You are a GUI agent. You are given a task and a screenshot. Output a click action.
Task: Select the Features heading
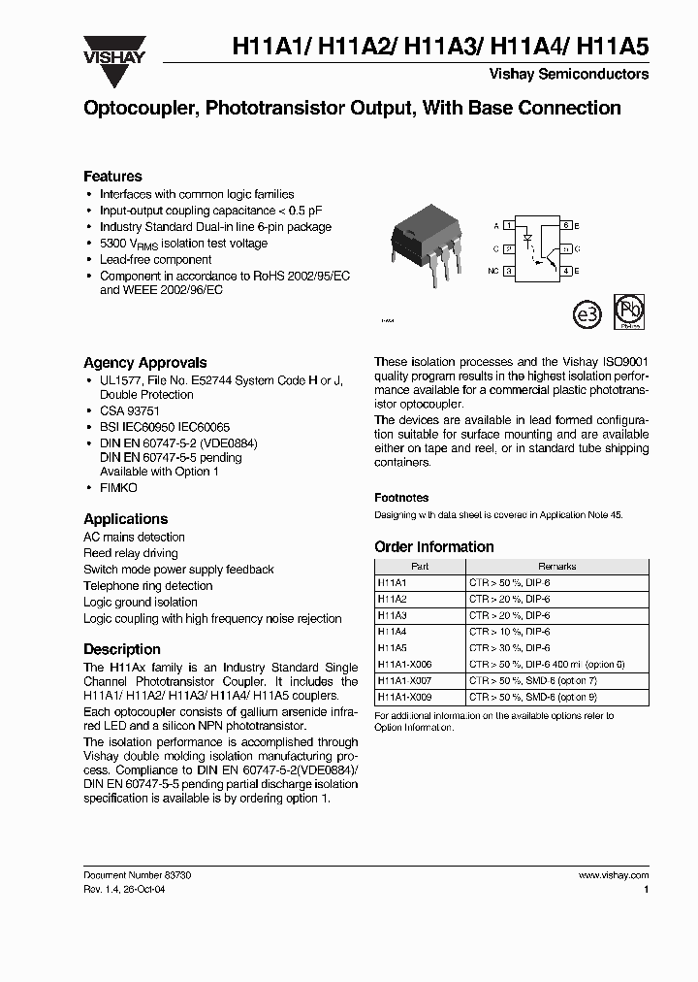click(x=112, y=177)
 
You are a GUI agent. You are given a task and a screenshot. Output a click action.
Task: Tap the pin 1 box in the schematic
click(x=509, y=225)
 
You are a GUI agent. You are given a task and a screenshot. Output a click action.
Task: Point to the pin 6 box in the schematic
click(x=565, y=225)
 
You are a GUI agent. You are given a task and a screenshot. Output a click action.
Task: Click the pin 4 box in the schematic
click(x=565, y=272)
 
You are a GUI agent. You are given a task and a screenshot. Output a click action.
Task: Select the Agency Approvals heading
click(x=144, y=362)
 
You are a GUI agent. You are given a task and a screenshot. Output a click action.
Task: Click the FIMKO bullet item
click(x=118, y=487)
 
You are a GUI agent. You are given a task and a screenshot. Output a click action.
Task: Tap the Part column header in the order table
click(x=419, y=566)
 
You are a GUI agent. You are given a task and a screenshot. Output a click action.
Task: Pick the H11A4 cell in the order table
click(x=393, y=631)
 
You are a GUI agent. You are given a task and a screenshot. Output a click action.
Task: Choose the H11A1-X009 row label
click(x=404, y=696)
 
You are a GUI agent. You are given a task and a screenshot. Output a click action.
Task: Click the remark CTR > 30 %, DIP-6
click(x=509, y=647)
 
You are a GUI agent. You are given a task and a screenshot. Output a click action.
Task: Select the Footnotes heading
click(x=401, y=497)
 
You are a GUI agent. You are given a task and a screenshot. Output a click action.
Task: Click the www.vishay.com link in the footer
click(x=613, y=874)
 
